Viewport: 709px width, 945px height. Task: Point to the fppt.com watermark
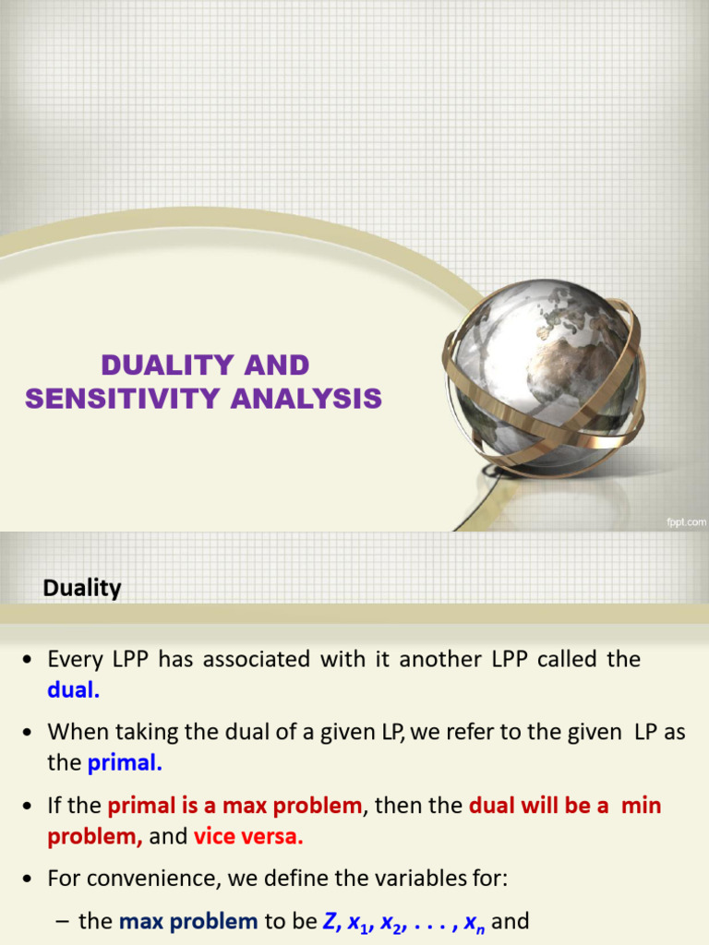685,520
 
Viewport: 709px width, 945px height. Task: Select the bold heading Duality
82,588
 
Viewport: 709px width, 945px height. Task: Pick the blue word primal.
125,763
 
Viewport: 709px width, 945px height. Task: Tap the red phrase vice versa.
248,838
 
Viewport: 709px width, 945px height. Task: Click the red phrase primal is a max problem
235,806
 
